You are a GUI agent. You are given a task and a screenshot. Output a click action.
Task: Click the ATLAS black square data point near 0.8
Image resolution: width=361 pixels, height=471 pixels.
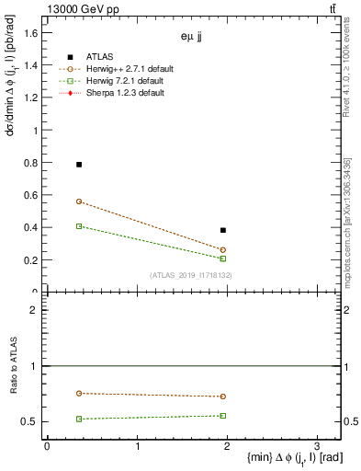click(x=79, y=165)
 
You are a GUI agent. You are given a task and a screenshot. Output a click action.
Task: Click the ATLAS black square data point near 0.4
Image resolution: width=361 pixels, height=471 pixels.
click(x=223, y=230)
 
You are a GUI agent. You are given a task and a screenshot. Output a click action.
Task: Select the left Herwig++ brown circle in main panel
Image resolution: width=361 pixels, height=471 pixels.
click(x=79, y=201)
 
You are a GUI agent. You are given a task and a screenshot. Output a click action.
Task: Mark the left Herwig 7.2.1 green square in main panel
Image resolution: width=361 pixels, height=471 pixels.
click(x=79, y=226)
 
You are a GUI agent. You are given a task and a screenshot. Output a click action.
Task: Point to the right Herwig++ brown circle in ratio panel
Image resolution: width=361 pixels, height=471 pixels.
click(x=223, y=396)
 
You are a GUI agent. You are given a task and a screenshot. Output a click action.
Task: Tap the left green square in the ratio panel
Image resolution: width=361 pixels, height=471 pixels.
click(x=79, y=419)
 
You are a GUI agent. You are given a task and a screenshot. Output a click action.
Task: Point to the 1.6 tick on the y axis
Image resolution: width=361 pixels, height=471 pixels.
click(x=32, y=33)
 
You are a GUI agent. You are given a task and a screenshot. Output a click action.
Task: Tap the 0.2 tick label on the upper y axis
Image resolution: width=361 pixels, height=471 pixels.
click(x=32, y=259)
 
